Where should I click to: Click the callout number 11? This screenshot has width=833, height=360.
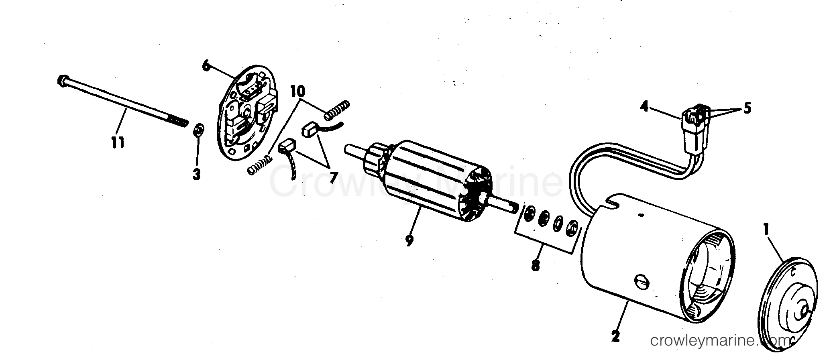[118, 142]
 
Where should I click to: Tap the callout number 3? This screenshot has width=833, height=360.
[196, 175]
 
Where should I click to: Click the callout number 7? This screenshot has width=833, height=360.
[333, 177]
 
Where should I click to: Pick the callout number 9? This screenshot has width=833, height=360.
[409, 240]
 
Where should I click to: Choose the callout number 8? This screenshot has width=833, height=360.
[536, 265]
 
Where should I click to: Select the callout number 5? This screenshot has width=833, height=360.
[747, 108]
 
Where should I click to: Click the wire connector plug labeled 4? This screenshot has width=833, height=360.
[694, 129]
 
